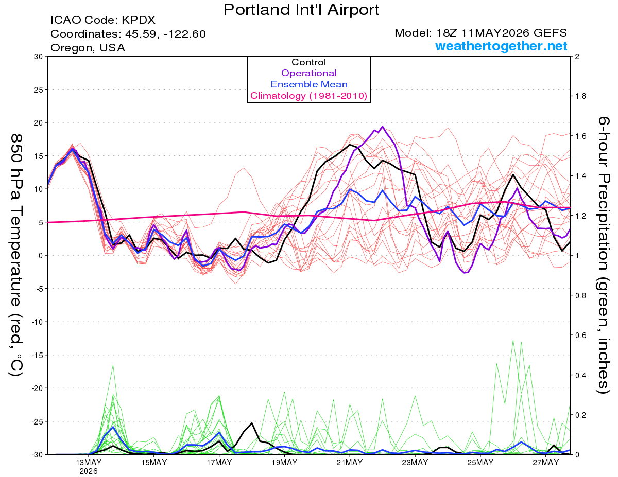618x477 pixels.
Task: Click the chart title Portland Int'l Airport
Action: [301, 10]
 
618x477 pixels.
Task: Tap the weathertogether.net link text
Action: [501, 46]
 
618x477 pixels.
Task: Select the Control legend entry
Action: [309, 62]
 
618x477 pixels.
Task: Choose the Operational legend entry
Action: [309, 73]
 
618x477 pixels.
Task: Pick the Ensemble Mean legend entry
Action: [309, 84]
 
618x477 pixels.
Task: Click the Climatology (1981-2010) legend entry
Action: [309, 96]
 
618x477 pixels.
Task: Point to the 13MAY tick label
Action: [89, 463]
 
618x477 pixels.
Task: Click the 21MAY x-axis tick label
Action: [350, 463]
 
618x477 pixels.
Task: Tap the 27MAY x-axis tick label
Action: [546, 463]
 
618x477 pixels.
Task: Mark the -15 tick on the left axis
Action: [37, 355]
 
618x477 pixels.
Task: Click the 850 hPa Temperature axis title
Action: [16, 255]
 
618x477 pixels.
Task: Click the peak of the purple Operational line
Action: [382, 127]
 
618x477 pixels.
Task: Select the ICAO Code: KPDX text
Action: [103, 20]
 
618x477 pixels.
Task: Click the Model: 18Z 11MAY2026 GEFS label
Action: [480, 33]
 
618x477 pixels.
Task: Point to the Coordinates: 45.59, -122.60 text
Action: [128, 34]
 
